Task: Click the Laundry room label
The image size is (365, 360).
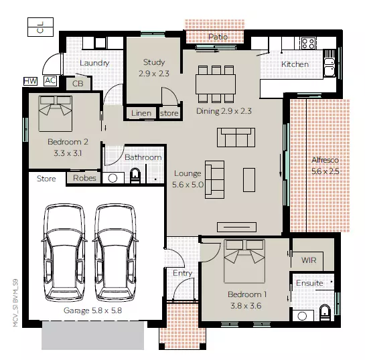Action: pyautogui.click(x=94, y=63)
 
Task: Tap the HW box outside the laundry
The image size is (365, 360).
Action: pyautogui.click(x=30, y=81)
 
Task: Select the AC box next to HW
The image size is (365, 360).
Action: pyautogui.click(x=50, y=81)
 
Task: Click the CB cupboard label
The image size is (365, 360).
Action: pyautogui.click(x=78, y=84)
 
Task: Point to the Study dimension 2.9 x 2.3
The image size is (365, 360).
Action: pyautogui.click(x=155, y=74)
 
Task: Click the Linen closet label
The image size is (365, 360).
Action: pyautogui.click(x=141, y=113)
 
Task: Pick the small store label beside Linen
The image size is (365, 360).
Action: pyautogui.click(x=169, y=113)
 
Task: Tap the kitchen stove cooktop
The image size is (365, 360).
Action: pyautogui.click(x=308, y=43)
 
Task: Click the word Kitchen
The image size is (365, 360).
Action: pyautogui.click(x=295, y=64)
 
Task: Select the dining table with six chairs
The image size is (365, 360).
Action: pyautogui.click(x=216, y=84)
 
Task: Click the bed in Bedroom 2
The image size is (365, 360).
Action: pyautogui.click(x=55, y=113)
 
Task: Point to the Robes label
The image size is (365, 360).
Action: pyautogui.click(x=84, y=179)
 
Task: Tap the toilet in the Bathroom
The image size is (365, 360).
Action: pyautogui.click(x=136, y=176)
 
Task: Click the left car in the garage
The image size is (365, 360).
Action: pyautogui.click(x=64, y=253)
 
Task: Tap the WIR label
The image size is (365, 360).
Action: pyautogui.click(x=309, y=260)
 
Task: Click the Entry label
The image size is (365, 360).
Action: pyautogui.click(x=182, y=273)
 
